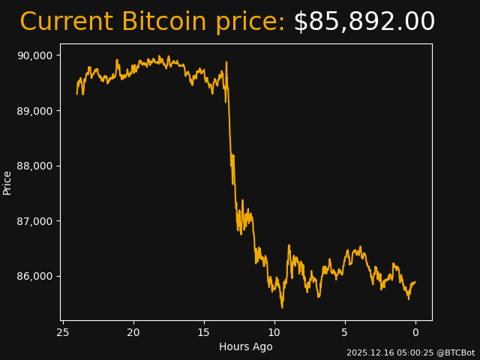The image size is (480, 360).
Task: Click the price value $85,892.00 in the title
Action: [x=364, y=22]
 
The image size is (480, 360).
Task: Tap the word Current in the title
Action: [x=66, y=22]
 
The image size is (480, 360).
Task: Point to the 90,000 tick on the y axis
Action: [x=35, y=55]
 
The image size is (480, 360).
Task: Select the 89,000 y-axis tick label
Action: [x=35, y=111]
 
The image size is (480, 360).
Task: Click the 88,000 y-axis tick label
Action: [x=35, y=166]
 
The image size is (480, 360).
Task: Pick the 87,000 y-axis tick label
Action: [x=35, y=221]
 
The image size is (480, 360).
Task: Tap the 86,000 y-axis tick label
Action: [x=35, y=276]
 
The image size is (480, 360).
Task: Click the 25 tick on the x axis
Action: [x=63, y=332]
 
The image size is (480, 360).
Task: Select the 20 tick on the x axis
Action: [x=133, y=332]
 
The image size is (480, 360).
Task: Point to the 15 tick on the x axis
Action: [x=204, y=332]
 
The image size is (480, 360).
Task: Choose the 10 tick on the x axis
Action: [x=274, y=332]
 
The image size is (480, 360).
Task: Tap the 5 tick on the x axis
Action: [x=345, y=332]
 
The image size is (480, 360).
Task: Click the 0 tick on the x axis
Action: [x=415, y=332]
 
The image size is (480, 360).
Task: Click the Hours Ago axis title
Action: [x=246, y=346]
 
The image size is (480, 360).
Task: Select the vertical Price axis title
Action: [x=7, y=182]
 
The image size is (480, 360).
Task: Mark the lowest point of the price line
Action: [x=282, y=307]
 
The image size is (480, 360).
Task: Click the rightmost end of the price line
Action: [x=415, y=282]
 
